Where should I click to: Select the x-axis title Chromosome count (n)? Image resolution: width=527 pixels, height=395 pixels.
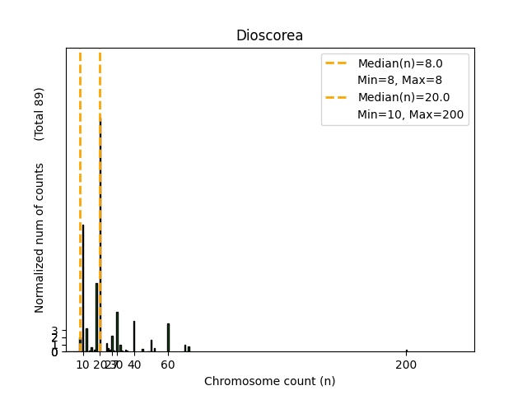click(269, 381)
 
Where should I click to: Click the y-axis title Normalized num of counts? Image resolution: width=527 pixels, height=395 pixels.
click(40, 235)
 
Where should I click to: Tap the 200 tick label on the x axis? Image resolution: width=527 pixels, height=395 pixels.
click(407, 365)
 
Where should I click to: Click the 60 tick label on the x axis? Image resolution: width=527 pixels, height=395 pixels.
click(167, 365)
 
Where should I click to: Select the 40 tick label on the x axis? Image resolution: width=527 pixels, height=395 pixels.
click(134, 365)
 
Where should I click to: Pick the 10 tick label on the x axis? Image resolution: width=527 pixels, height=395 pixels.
click(83, 365)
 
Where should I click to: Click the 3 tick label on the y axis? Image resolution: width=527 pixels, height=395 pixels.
click(54, 330)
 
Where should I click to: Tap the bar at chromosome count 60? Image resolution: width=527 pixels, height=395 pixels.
click(168, 337)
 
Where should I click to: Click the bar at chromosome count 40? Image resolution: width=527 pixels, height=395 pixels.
click(134, 337)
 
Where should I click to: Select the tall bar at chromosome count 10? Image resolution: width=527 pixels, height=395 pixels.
click(83, 288)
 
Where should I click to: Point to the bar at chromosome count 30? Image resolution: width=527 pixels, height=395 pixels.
click(117, 332)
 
